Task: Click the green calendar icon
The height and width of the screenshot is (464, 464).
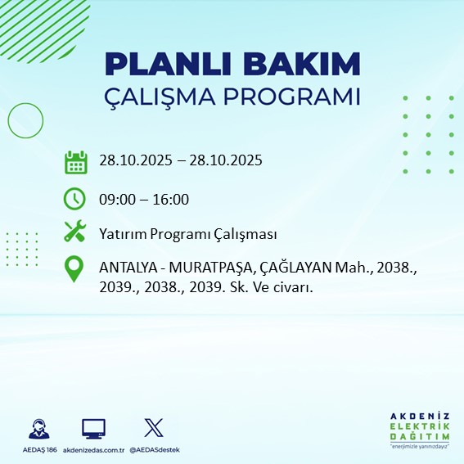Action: [x=75, y=161]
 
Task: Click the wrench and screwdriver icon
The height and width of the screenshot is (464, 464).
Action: [x=75, y=233]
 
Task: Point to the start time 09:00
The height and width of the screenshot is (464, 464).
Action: [x=116, y=199]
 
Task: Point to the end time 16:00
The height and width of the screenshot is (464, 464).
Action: [x=171, y=199]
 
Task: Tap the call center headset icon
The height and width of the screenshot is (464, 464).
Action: [x=37, y=429]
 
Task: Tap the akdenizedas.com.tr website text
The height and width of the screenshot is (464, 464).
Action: [x=93, y=450]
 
